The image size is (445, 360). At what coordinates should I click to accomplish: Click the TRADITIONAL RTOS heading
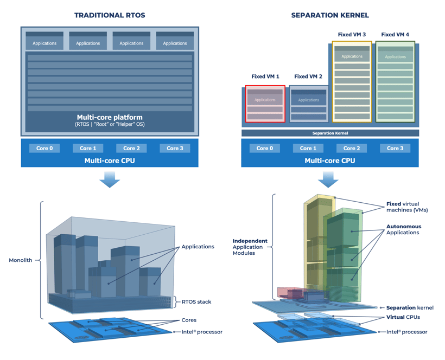click(x=110, y=15)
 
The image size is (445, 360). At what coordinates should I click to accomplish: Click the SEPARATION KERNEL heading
click(x=330, y=15)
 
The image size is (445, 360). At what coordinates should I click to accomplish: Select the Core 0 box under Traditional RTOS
click(x=44, y=148)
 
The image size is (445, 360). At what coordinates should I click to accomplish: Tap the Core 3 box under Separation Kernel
click(x=395, y=148)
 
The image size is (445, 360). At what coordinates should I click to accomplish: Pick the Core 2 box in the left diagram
click(x=131, y=148)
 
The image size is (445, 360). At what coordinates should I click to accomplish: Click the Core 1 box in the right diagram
click(x=308, y=148)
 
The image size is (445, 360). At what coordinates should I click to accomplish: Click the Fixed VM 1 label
click(x=265, y=76)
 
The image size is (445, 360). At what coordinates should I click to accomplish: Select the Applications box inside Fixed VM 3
click(x=352, y=56)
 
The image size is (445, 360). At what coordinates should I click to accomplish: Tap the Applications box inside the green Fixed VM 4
click(x=395, y=56)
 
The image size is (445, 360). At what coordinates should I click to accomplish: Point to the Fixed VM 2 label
click(x=308, y=76)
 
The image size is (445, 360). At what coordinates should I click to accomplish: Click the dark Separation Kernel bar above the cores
click(x=330, y=133)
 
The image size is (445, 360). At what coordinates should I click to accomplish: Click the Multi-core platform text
click(x=110, y=117)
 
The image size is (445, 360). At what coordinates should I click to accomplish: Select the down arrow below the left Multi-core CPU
click(x=110, y=179)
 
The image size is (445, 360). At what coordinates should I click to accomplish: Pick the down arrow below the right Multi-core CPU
click(x=328, y=179)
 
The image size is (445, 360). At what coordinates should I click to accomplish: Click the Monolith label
click(x=21, y=260)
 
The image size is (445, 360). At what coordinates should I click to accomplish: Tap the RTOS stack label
click(x=196, y=302)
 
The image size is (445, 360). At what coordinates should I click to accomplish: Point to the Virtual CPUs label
click(x=403, y=317)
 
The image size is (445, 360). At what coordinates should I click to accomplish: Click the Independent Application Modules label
click(x=250, y=247)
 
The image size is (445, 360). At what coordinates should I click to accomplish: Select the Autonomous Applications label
click(x=403, y=229)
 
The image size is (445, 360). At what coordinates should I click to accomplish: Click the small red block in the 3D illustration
click(x=284, y=292)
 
